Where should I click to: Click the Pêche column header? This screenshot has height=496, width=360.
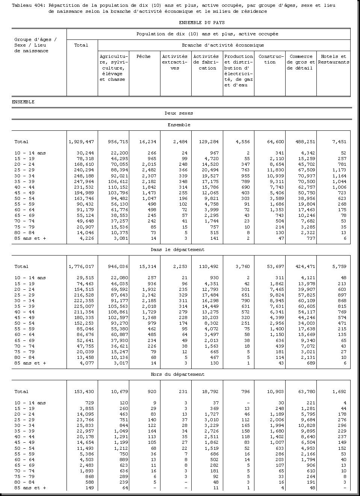pyautogui.click(x=144, y=56)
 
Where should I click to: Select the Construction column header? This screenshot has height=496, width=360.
pyautogui.click(x=270, y=59)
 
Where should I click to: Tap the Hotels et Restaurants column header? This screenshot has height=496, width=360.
pyautogui.click(x=333, y=59)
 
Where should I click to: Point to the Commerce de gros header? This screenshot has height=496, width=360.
pyautogui.click(x=301, y=62)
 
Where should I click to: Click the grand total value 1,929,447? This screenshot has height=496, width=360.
pyautogui.click(x=81, y=142)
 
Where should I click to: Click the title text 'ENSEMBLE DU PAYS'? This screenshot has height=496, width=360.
pyautogui.click(x=201, y=23)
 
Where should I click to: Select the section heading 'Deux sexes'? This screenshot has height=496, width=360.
pyautogui.click(x=179, y=113)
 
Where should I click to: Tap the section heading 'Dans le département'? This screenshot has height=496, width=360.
pyautogui.click(x=178, y=250)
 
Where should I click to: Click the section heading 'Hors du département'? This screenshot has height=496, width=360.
pyautogui.click(x=178, y=374)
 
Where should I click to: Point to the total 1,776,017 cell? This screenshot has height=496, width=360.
pyautogui.click(x=81, y=266)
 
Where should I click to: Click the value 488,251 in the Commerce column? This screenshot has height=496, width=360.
pyautogui.click(x=305, y=142)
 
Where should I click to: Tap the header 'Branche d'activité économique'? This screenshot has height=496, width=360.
pyautogui.click(x=223, y=45)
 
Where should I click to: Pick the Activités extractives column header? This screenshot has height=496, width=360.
pyautogui.click(x=175, y=62)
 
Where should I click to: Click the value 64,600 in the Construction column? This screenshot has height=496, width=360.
pyautogui.click(x=276, y=142)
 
